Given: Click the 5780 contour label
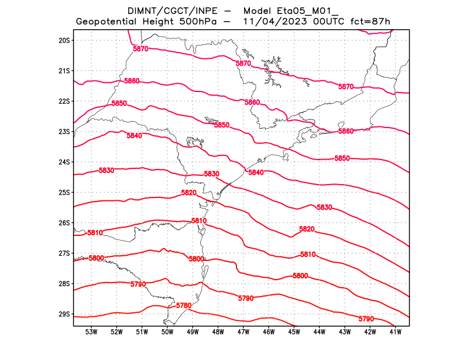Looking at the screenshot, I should click(183, 305).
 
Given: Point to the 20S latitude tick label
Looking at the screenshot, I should click(64, 40).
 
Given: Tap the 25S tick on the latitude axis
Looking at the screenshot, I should click(64, 192).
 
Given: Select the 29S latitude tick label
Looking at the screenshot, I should click(64, 314).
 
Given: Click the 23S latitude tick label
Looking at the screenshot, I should click(64, 132).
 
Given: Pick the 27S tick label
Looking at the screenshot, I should click(64, 253).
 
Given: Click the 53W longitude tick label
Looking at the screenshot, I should click(91, 332).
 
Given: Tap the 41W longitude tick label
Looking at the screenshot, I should click(396, 332).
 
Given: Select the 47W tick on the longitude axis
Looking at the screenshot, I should click(243, 332).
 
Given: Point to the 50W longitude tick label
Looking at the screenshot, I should click(167, 332).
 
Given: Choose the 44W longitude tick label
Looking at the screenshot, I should click(319, 332).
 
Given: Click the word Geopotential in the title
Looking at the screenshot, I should click(108, 22).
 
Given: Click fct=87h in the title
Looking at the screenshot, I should click(369, 22).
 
